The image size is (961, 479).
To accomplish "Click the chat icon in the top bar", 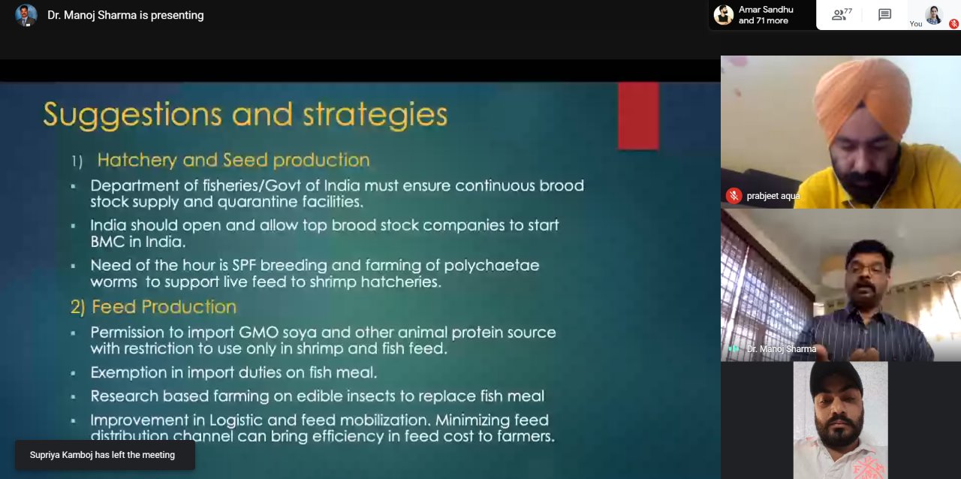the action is [x=884, y=15].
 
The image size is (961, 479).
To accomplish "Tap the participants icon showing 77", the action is [x=842, y=14].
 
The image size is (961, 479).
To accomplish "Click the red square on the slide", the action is [x=638, y=116].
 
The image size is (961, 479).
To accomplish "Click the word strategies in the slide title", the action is [x=375, y=116].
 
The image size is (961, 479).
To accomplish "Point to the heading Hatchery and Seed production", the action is [x=233, y=160].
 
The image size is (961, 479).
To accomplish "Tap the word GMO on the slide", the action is [x=259, y=332].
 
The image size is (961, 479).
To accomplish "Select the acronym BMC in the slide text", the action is [x=107, y=242].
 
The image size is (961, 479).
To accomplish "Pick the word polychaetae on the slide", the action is [x=492, y=266].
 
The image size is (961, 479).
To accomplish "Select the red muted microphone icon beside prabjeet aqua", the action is [x=734, y=196].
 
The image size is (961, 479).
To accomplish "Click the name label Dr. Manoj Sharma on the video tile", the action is [x=782, y=349].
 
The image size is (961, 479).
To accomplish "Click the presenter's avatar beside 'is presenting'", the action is [x=26, y=16].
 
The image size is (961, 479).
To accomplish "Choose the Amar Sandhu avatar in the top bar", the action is [x=723, y=15].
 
